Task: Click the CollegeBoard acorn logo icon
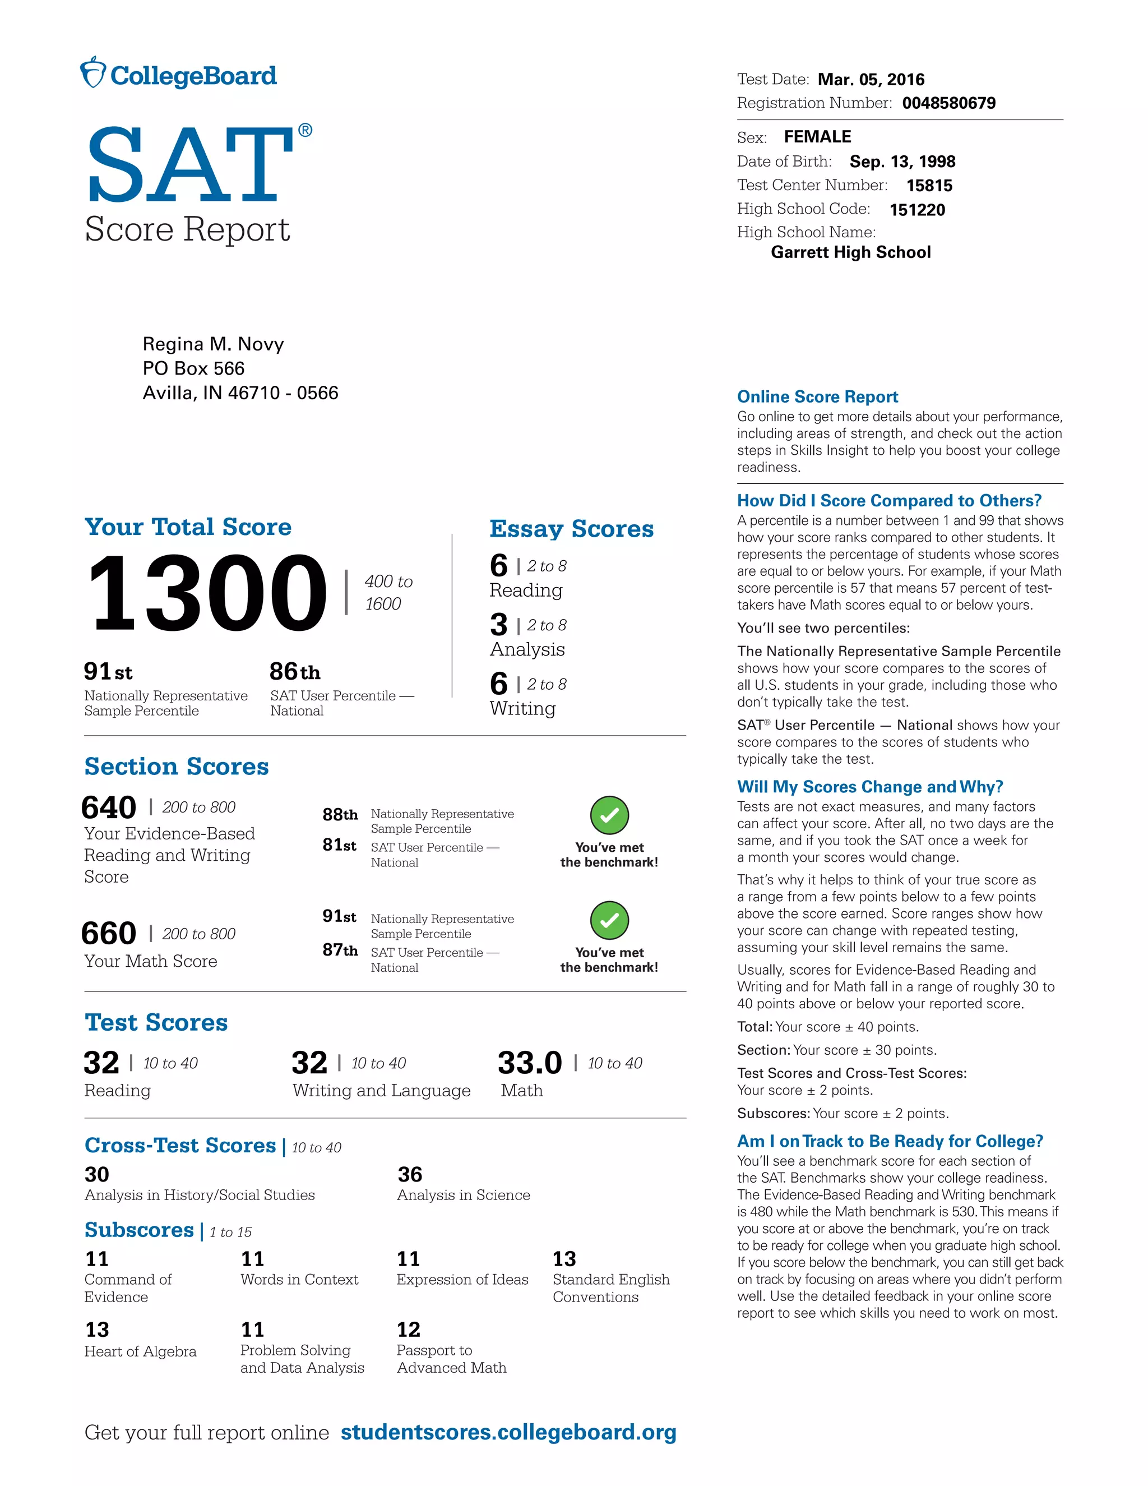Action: click(x=93, y=73)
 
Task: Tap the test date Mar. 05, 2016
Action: click(x=871, y=80)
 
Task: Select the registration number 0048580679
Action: click(x=949, y=103)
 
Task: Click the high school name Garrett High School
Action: click(x=850, y=252)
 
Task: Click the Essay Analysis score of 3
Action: click(x=498, y=625)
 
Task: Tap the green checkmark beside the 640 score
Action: click(x=609, y=815)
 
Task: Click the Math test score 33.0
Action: click(x=529, y=1063)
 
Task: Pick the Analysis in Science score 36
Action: click(x=410, y=1174)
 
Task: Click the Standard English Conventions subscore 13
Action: click(x=564, y=1259)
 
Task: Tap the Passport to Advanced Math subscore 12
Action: click(x=409, y=1330)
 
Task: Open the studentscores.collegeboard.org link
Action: click(x=508, y=1432)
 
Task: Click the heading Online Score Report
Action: click(x=817, y=396)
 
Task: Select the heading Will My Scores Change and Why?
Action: click(x=870, y=787)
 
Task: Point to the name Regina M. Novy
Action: click(x=213, y=344)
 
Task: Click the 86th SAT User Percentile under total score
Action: click(x=294, y=672)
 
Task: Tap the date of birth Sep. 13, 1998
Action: click(x=902, y=162)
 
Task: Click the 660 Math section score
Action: click(x=109, y=934)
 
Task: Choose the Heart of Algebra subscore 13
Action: click(x=97, y=1330)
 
